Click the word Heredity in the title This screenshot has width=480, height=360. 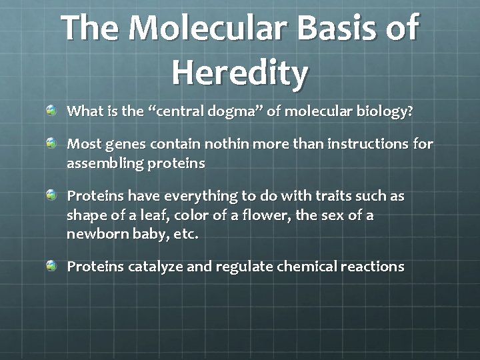240,71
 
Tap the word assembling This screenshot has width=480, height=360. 99,163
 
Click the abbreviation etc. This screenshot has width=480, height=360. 186,235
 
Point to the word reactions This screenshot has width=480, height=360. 372,267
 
